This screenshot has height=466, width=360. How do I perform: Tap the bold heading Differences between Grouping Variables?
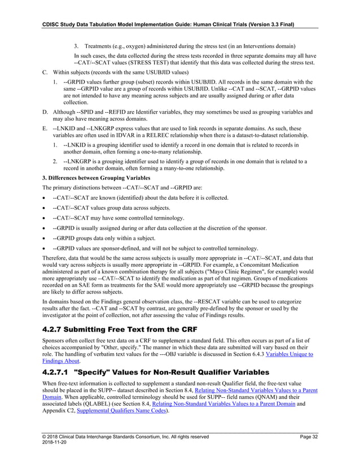(90, 178)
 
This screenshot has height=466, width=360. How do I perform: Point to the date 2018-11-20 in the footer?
(55, 443)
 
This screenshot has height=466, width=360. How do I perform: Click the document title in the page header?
(161, 24)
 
